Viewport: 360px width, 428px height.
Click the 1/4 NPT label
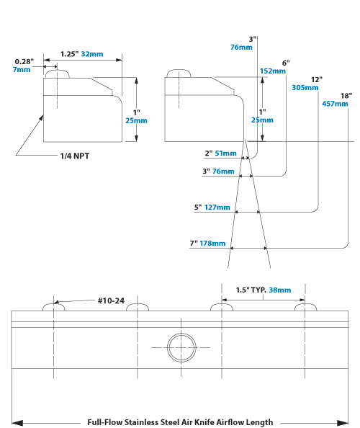[74, 156]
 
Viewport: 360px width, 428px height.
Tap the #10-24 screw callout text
[111, 300]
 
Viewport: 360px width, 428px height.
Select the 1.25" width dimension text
[70, 54]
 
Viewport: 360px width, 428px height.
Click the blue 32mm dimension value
[92, 54]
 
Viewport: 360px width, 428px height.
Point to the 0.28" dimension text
[24, 62]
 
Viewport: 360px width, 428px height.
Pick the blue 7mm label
[22, 70]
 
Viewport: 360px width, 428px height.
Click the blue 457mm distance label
[335, 104]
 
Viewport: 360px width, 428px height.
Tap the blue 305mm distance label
[305, 88]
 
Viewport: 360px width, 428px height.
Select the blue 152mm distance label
[273, 71]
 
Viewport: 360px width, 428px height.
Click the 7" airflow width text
[194, 244]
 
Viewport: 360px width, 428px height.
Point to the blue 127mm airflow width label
[217, 208]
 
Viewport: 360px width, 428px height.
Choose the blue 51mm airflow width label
[225, 153]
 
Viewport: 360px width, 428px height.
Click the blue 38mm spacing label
[280, 290]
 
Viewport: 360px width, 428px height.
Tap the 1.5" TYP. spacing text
[251, 290]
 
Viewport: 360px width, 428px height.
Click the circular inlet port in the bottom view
[181, 347]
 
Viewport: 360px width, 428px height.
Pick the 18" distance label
[346, 96]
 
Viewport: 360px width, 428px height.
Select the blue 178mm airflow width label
[212, 244]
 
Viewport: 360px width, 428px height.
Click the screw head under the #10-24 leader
[54, 307]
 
